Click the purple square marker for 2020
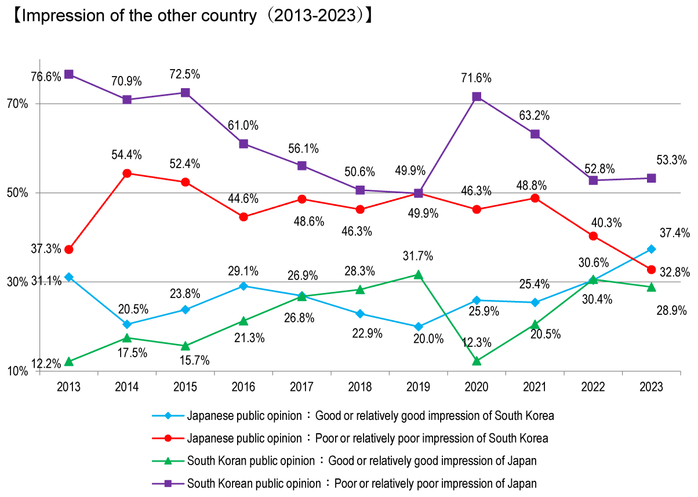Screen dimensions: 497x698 click(x=477, y=97)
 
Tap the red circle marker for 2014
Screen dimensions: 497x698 click(x=127, y=173)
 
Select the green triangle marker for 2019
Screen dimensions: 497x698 click(x=419, y=274)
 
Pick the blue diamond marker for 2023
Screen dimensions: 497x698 click(x=651, y=249)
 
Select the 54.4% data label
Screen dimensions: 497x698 click(x=127, y=155)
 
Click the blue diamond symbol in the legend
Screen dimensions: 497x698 click(x=168, y=416)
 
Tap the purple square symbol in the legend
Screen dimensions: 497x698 click(x=168, y=483)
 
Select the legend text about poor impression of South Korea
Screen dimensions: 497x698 click(x=368, y=438)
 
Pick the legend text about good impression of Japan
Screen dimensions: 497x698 click(x=362, y=461)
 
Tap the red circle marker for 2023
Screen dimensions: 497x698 click(x=651, y=270)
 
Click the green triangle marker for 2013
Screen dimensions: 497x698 click(x=69, y=361)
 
